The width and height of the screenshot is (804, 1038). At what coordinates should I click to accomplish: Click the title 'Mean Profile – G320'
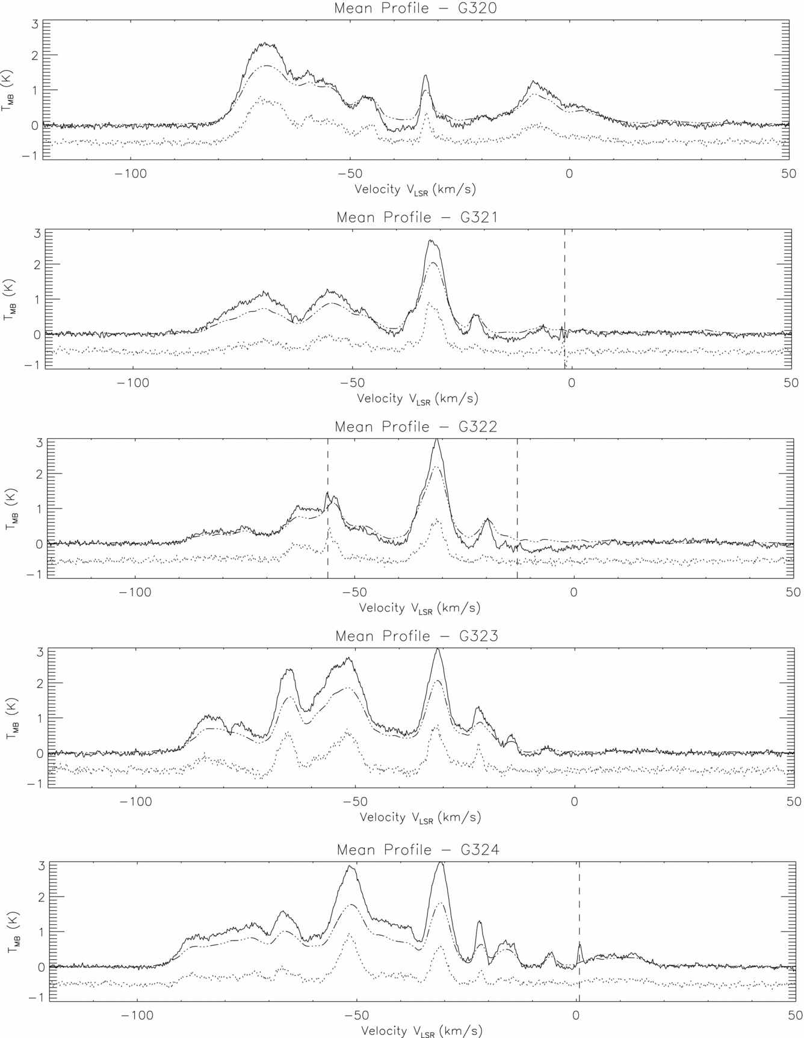(415, 8)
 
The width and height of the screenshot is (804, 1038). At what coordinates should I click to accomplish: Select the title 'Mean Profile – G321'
(417, 217)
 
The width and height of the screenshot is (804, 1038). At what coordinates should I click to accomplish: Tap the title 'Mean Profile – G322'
(416, 427)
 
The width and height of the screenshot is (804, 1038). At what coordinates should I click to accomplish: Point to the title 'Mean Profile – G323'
(416, 636)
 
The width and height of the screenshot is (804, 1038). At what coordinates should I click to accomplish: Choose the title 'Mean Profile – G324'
(418, 850)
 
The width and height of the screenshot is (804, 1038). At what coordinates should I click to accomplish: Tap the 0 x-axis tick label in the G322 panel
(574, 592)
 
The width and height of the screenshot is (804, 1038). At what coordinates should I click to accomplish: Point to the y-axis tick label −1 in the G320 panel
(30, 155)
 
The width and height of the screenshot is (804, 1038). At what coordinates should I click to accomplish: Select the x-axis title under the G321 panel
(418, 399)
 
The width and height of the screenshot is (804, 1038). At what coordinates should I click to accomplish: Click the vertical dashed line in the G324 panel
(579, 915)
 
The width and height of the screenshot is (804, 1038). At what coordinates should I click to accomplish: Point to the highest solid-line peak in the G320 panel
(265, 43)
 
